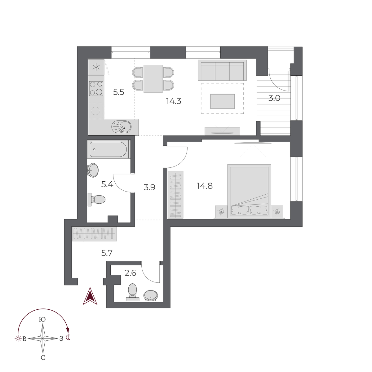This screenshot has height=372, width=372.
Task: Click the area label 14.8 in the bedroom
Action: click(x=205, y=186)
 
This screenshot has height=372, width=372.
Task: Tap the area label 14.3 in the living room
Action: click(x=174, y=101)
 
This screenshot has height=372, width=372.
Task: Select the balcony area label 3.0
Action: click(x=274, y=98)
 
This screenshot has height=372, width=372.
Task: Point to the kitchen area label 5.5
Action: click(x=118, y=92)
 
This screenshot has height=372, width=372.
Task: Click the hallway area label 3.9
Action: click(x=149, y=187)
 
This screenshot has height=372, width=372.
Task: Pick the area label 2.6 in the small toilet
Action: click(x=130, y=273)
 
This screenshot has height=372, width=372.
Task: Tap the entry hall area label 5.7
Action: click(x=107, y=253)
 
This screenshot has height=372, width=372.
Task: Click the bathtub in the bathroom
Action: click(x=108, y=149)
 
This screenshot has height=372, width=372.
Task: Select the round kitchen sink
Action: click(x=122, y=127)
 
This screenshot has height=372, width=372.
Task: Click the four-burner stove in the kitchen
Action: click(x=96, y=88)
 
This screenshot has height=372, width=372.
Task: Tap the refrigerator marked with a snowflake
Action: click(x=96, y=67)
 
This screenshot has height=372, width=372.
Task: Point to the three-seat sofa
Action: click(x=222, y=70)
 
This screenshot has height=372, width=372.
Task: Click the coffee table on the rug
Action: click(x=222, y=101)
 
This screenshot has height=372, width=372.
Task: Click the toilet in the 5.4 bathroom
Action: click(x=97, y=200)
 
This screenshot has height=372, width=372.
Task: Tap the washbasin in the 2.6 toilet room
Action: click(x=151, y=296)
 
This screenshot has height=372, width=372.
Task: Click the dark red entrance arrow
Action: click(x=90, y=296)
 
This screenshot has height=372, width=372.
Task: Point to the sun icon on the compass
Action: click(x=17, y=339)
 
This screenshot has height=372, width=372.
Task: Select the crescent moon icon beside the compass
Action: click(x=69, y=338)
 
